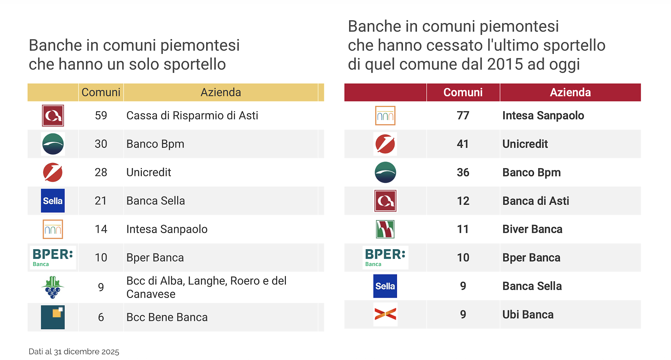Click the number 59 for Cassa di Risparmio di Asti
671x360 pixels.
coord(101,115)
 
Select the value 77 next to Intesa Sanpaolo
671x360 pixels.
coord(463,115)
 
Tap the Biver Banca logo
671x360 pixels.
coord(385,229)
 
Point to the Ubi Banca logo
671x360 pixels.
coord(385,314)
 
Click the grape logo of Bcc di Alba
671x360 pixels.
coord(53,287)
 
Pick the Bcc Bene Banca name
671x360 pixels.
coord(167,317)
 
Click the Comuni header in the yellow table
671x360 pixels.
coord(101,92)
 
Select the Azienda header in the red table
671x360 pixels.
coord(570,92)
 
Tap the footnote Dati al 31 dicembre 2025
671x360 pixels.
coord(74,352)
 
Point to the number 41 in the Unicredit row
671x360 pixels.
coord(463,144)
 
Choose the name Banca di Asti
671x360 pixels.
coord(535,201)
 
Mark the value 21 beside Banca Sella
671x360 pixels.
coord(101,201)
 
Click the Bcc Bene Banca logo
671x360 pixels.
coord(53,317)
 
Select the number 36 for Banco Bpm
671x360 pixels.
coord(463,172)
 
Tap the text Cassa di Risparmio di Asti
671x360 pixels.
coord(192,115)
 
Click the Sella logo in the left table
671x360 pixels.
coord(53,201)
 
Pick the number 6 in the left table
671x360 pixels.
coord(101,317)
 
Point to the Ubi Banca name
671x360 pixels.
coord(528,315)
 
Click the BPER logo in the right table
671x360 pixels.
coord(385,258)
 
